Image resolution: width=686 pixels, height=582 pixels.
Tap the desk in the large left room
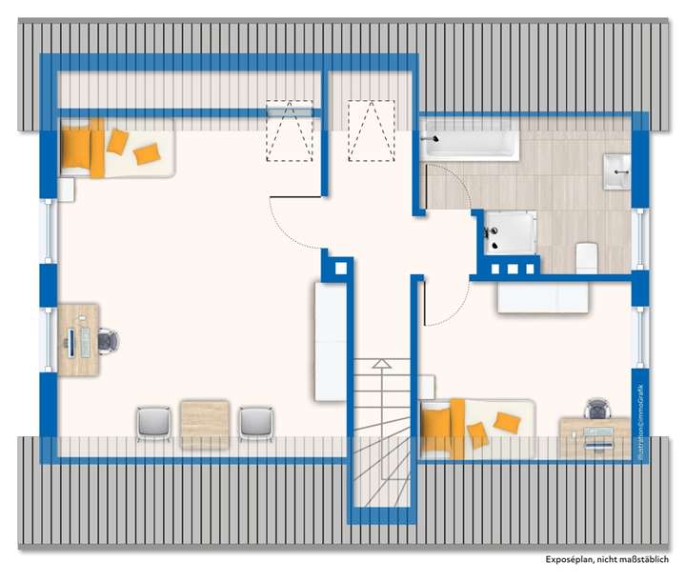click(80, 340)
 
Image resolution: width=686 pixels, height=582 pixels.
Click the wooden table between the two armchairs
click(205, 422)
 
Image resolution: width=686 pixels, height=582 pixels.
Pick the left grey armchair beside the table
click(152, 422)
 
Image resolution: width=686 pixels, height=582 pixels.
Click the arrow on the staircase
click(381, 363)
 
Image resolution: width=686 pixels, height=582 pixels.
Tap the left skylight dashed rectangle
click(289, 131)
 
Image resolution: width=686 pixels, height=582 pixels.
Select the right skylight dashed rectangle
click(371, 131)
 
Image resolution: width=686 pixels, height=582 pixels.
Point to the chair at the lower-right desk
click(597, 410)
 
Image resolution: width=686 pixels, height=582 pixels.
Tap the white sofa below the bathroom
click(540, 297)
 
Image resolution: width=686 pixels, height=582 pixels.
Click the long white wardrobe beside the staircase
click(329, 341)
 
